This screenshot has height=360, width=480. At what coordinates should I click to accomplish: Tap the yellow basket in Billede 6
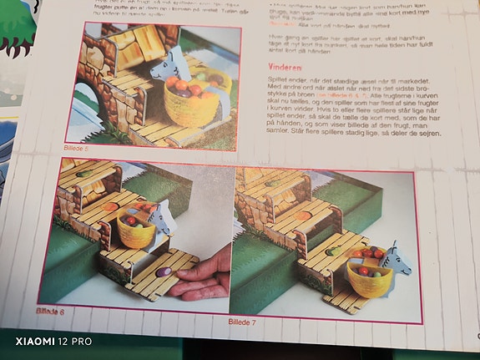click(137, 231)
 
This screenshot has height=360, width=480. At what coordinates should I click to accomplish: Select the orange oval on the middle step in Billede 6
click(109, 206)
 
